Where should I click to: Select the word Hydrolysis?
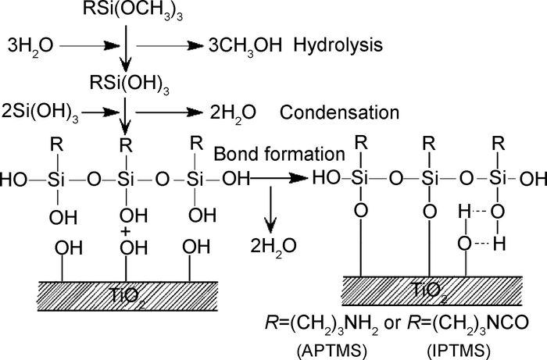click(338, 45)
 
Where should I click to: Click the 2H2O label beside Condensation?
click(232, 113)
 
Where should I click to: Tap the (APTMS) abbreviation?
click(328, 344)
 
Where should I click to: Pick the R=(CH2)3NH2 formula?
click(329, 321)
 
